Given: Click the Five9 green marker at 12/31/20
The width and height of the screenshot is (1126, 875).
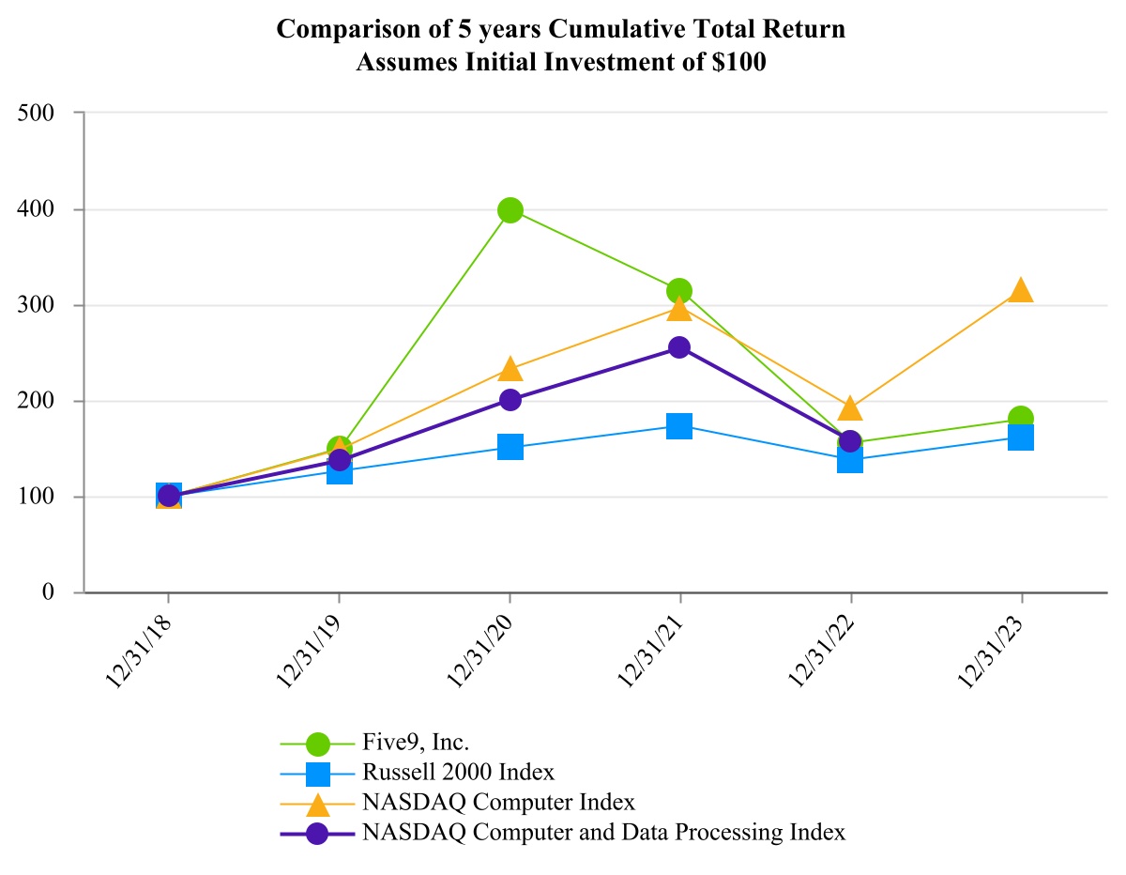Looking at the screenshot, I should click(x=510, y=210).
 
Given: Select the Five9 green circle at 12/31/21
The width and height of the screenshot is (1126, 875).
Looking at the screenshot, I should click(x=680, y=291).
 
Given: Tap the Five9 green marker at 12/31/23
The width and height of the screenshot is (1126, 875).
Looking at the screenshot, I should click(x=1021, y=419).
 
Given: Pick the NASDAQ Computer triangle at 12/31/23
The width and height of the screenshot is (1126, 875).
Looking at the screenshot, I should click(x=1021, y=291).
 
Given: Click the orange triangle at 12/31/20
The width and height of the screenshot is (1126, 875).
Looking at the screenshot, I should click(x=510, y=369).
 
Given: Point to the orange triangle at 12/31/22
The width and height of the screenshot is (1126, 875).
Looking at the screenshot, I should click(x=850, y=408).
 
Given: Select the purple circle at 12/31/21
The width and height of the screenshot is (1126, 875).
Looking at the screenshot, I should click(x=680, y=347).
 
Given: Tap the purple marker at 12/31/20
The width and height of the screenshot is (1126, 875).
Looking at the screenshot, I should click(x=510, y=400).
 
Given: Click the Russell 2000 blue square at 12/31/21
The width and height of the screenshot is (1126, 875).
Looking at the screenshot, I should click(x=680, y=426).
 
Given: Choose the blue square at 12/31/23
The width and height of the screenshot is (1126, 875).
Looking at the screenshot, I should click(x=1021, y=437).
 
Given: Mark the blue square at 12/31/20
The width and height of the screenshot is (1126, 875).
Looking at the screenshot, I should click(x=510, y=447).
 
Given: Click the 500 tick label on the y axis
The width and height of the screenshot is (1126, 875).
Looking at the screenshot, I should click(x=36, y=113).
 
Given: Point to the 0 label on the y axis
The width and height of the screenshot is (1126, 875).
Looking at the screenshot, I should click(x=46, y=593).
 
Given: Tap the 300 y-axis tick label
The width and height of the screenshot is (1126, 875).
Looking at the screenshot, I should click(x=36, y=305).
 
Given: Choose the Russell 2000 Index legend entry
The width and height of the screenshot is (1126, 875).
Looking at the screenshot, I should click(x=458, y=773).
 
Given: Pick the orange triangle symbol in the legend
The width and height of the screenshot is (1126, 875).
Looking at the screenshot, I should click(x=318, y=804).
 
